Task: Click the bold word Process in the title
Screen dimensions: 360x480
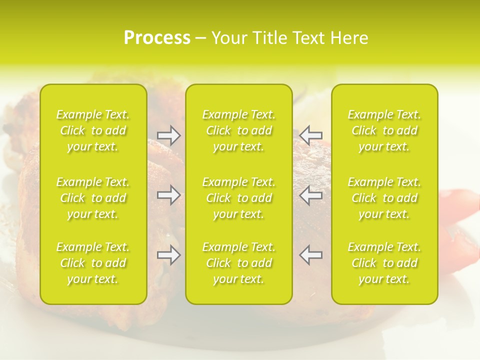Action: [x=157, y=38]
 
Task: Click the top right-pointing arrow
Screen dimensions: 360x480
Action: [x=168, y=135]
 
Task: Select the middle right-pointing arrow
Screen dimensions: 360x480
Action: [x=168, y=195]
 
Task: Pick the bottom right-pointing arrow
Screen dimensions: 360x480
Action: [x=168, y=255]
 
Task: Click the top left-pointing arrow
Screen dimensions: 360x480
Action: [x=310, y=135]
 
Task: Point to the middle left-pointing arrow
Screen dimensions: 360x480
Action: [x=310, y=195]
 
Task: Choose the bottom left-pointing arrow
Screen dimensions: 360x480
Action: [x=310, y=255]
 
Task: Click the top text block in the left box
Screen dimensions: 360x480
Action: [x=93, y=130]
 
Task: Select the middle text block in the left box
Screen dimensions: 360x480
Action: [x=93, y=198]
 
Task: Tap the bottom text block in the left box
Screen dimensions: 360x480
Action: [x=93, y=263]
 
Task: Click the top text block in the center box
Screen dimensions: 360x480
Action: [x=239, y=130]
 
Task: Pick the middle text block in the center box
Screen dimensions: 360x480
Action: [x=239, y=198]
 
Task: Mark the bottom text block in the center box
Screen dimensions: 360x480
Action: [x=239, y=263]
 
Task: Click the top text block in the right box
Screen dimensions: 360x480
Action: [x=384, y=130]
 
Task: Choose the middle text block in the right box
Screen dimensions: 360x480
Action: [x=384, y=198]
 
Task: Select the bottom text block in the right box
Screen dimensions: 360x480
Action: [x=384, y=263]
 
